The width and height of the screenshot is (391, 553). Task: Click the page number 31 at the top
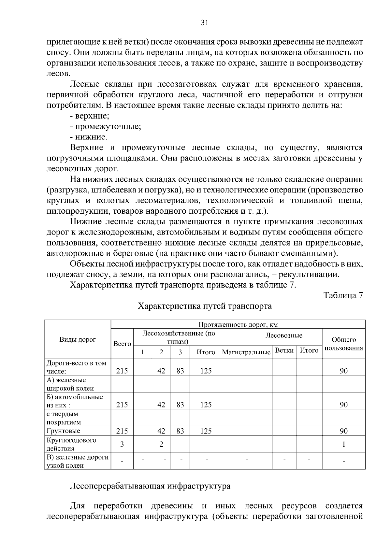pos(205,22)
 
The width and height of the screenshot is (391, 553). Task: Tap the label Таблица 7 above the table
pos(343,295)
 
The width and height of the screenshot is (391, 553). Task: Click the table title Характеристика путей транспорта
pos(205,306)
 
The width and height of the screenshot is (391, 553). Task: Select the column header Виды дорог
pos(78,340)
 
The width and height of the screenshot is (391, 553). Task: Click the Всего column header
pos(122,344)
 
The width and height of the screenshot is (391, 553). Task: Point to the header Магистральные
pos(246,352)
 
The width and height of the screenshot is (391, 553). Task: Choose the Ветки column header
pos(284,350)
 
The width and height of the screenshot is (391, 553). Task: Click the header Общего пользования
pos(344,344)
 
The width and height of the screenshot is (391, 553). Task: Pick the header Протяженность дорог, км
pos(238,324)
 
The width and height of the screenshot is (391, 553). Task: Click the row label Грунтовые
pos(64,431)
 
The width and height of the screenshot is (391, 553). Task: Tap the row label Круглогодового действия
pos(72,444)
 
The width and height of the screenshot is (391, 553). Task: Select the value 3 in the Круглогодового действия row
pos(122,444)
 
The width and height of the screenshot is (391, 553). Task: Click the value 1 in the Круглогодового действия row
pos(344,444)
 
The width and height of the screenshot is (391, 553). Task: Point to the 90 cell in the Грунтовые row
pos(344,431)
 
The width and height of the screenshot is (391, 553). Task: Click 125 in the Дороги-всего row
pos(206,371)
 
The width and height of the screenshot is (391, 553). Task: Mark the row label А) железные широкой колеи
pos(70,384)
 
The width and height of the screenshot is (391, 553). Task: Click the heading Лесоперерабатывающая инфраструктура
pos(150,486)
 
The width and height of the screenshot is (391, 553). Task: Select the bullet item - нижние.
pos(89,137)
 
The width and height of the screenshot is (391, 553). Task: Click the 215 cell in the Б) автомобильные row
pos(122,404)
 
